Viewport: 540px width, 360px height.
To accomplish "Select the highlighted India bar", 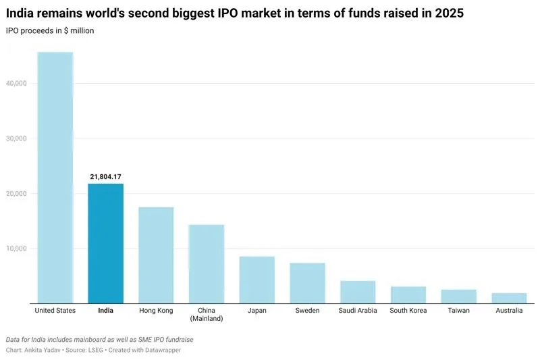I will tap(105, 243).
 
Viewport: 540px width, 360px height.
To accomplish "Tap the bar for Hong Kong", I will tap(156, 255).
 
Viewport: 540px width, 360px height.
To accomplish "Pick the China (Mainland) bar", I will tap(207, 264).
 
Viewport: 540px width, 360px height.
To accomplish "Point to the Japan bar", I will tap(257, 280).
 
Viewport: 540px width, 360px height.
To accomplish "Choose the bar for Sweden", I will tap(308, 283).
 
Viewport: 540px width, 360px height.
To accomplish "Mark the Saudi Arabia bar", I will tap(358, 292).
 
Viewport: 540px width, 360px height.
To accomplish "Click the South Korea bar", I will tap(408, 294).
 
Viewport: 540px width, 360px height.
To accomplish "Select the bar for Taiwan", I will tap(459, 296).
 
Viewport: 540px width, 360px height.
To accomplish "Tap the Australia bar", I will tap(509, 298).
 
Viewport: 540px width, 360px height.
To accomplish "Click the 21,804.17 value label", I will tap(105, 177).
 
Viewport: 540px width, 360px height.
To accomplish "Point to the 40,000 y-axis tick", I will tap(15, 84).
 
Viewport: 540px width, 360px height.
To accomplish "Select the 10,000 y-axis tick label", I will tap(15, 249).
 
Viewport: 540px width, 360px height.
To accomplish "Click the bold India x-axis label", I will tap(105, 311).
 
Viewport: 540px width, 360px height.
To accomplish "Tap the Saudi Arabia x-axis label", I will tap(358, 311).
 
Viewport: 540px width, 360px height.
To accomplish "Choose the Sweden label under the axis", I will tap(308, 311).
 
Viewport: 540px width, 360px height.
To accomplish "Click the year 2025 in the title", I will tap(449, 14).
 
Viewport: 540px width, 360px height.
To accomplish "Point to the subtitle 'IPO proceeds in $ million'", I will tap(51, 31).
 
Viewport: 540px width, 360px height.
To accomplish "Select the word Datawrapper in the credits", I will tap(159, 351).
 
